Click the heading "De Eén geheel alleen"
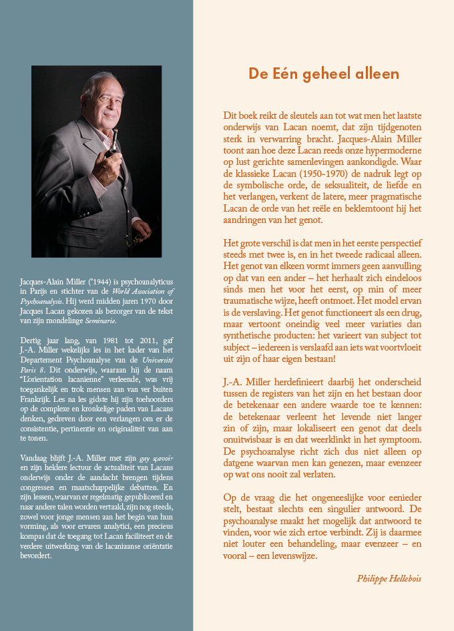point(324,73)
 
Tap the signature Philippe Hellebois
point(390,578)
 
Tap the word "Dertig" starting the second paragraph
point(31,339)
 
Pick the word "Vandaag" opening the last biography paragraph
point(35,460)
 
